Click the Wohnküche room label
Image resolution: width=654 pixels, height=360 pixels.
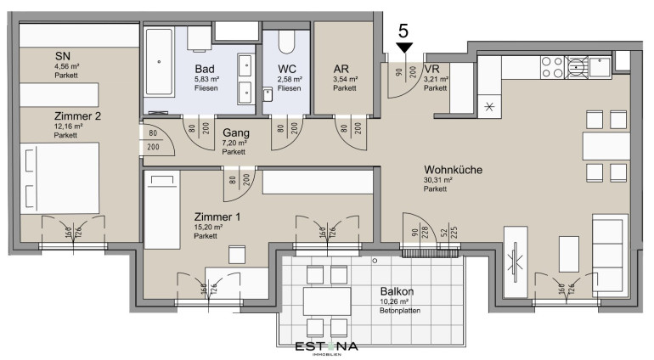[x=453, y=170]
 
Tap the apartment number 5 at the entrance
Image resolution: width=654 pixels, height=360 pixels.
[x=403, y=31]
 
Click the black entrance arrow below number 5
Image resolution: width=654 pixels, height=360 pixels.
[x=404, y=48]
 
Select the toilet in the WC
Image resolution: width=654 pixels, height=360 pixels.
[x=286, y=42]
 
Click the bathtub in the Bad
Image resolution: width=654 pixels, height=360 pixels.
[x=159, y=62]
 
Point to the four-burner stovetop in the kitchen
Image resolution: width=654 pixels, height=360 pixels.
[x=552, y=68]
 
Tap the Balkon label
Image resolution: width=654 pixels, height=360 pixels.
[x=397, y=291]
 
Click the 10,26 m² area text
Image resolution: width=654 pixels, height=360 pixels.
[x=394, y=301]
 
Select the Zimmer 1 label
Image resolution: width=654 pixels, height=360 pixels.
[x=217, y=217]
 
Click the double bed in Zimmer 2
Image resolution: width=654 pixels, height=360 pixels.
[x=59, y=178]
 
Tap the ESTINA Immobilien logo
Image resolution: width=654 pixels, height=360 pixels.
[x=327, y=347]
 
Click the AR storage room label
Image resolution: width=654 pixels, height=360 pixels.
[x=341, y=69]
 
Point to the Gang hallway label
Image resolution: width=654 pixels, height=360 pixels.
[x=236, y=133]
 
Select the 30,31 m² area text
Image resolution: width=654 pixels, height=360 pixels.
[x=438, y=180]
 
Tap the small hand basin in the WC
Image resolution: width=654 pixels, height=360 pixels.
[x=268, y=94]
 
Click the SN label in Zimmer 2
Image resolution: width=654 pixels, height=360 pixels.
[x=63, y=56]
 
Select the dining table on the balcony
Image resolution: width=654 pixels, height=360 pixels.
[x=327, y=301]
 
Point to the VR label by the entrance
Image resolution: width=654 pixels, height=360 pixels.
[x=431, y=69]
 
